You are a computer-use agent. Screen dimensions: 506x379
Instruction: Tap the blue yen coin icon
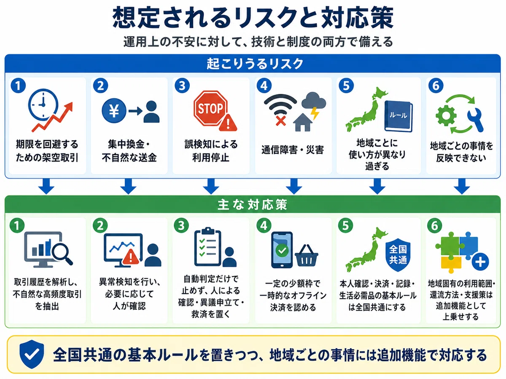114,111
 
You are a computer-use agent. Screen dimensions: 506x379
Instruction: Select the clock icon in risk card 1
43,105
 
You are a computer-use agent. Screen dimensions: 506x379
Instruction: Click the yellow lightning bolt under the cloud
315,113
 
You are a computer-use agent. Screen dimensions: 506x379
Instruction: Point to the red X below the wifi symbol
280,120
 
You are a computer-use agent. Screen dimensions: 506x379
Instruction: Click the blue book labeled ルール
398,116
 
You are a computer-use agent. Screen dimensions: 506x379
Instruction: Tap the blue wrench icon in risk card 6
476,120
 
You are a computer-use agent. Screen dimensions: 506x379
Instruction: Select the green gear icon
446,115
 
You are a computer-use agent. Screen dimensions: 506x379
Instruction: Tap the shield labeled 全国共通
398,255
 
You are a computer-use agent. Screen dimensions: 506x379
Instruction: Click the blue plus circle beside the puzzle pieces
480,262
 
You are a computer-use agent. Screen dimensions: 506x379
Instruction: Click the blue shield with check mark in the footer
32,354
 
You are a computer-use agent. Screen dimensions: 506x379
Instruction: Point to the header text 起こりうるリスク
255,64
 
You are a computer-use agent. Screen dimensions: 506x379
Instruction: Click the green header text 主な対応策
252,205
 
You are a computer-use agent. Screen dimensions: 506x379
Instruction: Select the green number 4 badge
264,226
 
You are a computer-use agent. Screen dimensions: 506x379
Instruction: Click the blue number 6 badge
436,85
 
